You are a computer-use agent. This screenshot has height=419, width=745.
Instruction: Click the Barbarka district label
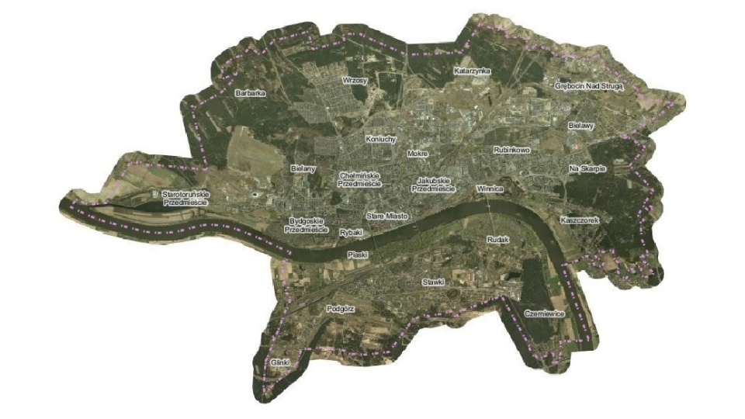[250, 93]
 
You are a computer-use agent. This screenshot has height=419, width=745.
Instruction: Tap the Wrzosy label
[355, 80]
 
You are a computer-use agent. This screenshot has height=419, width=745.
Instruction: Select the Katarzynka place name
[473, 71]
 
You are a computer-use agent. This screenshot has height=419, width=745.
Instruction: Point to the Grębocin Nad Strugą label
[589, 88]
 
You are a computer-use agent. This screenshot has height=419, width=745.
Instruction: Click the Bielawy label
[580, 125]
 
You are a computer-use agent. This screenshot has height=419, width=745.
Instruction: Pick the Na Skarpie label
[587, 168]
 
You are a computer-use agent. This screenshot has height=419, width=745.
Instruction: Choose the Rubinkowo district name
[511, 150]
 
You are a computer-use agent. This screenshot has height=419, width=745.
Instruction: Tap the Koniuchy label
[381, 139]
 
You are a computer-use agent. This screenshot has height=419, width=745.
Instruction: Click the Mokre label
[418, 154]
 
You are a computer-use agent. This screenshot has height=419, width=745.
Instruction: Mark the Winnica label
[490, 189]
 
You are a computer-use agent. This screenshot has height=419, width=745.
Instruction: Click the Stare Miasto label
[386, 216]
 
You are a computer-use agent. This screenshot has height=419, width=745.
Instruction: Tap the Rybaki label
[352, 232]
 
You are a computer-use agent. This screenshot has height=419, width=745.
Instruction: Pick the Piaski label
[357, 254]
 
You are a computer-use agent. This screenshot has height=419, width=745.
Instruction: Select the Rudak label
[497, 241]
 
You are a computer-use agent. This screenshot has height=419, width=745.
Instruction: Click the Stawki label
[432, 282]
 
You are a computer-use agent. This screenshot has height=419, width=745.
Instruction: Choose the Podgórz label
[341, 308]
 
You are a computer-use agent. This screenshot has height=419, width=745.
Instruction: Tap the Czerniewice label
[544, 313]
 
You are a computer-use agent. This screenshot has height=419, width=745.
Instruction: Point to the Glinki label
[280, 362]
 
